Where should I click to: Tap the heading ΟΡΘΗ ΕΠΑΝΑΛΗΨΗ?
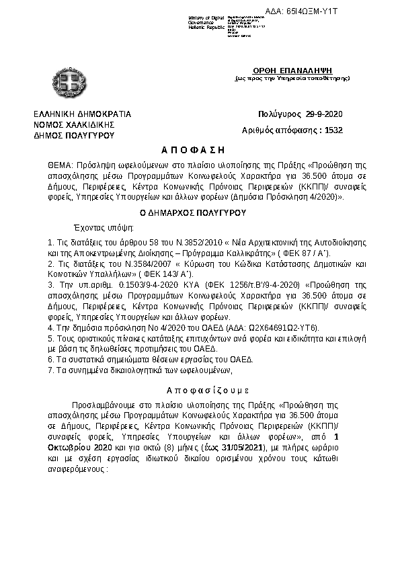point(292,71)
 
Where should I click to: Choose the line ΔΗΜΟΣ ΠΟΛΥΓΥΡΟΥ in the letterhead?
point(75,135)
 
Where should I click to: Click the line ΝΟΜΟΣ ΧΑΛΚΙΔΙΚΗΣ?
point(75,124)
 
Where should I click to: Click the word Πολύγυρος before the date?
point(277,114)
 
